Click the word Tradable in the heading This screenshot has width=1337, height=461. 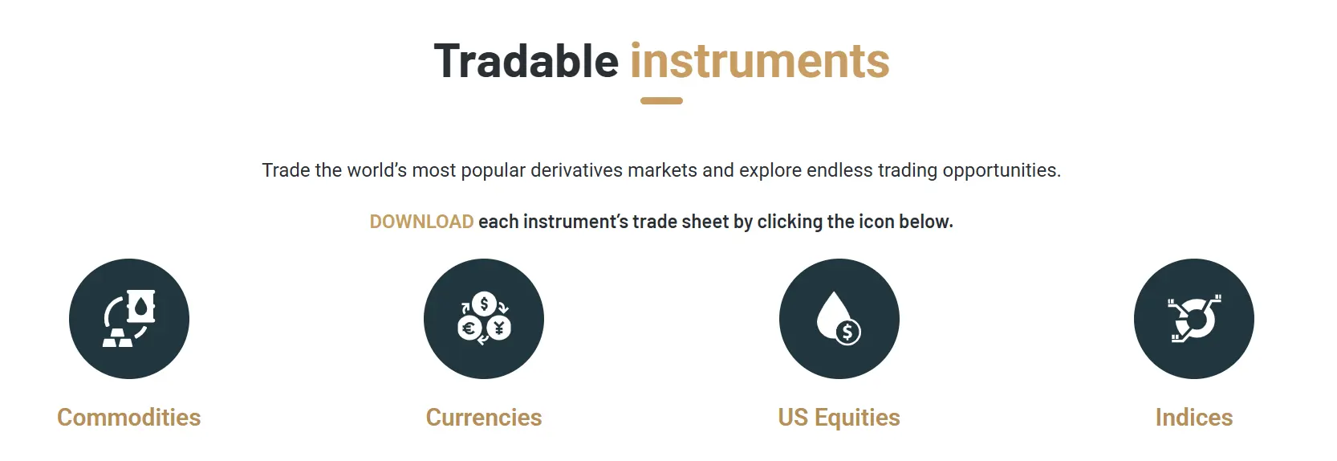[526, 62]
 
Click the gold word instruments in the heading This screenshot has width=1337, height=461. [759, 62]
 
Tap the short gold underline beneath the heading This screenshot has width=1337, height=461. [661, 101]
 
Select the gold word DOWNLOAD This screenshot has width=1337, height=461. [421, 222]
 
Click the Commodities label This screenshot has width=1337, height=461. [128, 418]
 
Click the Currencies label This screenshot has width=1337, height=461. [484, 418]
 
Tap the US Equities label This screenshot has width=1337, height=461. [839, 418]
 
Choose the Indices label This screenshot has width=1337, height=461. [1193, 418]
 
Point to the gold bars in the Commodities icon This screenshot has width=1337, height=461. [117, 337]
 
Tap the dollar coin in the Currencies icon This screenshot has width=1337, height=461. [484, 304]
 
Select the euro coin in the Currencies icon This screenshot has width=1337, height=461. [469, 328]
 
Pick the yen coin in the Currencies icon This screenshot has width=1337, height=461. [499, 328]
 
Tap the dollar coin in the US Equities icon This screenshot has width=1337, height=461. [847, 332]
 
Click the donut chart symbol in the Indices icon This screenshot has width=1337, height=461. [1196, 320]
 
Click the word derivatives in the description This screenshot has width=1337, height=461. [576, 170]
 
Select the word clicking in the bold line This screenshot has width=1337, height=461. [790, 222]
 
